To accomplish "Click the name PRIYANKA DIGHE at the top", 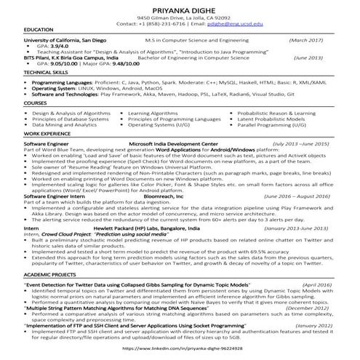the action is click(180, 9).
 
